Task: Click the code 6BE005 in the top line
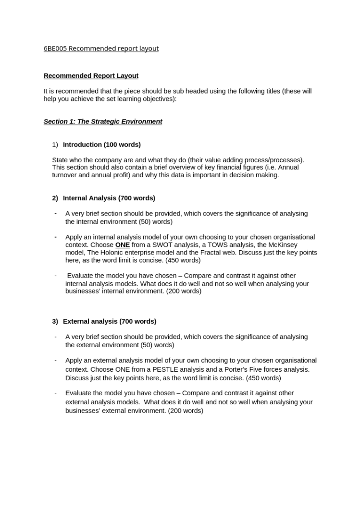(x=55, y=48)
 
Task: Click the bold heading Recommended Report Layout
(x=91, y=76)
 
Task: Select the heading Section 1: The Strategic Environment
(x=103, y=121)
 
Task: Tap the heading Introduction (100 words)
(x=101, y=145)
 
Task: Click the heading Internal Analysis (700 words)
(x=109, y=198)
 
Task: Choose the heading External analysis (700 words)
(x=109, y=322)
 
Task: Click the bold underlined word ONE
(x=122, y=245)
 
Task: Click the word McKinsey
(x=284, y=245)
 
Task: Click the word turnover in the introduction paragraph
(x=65, y=175)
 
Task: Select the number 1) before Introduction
(x=55, y=145)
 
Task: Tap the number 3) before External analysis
(x=55, y=322)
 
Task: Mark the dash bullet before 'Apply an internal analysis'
(x=56, y=237)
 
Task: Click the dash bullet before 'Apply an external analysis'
(x=56, y=360)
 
